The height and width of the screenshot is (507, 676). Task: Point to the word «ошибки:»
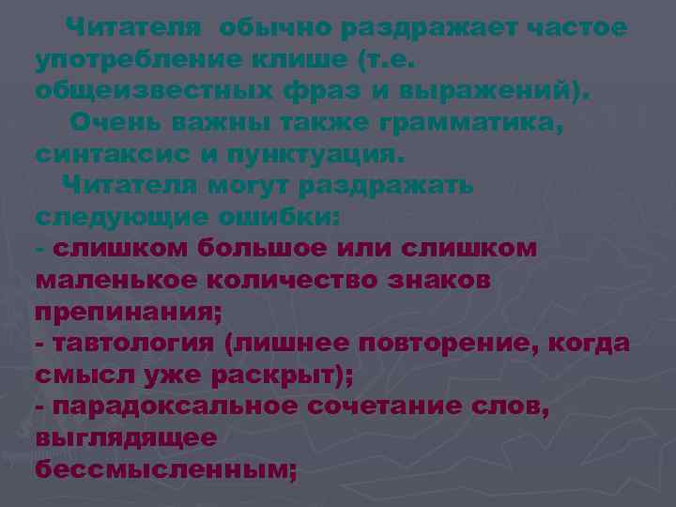pos(280,217)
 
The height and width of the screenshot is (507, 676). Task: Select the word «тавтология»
pos(134,343)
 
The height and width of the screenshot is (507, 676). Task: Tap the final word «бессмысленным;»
pos(165,468)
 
